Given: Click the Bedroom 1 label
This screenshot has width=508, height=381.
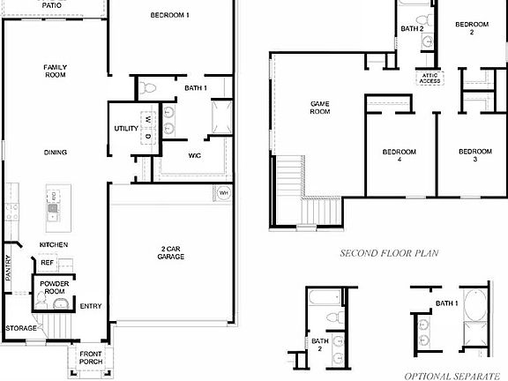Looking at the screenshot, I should [x=169, y=15].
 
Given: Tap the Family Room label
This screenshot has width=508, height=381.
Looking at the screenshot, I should [x=56, y=71].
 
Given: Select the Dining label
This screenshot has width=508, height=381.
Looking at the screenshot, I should [x=56, y=153].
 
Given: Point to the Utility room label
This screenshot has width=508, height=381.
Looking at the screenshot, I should [x=126, y=129].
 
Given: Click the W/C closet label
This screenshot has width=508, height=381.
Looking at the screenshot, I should [x=195, y=156].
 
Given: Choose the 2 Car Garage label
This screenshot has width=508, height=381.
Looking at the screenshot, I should [x=172, y=253].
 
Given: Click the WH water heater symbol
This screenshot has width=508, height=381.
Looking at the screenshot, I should [x=224, y=193].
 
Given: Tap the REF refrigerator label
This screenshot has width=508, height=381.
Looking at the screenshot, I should [x=48, y=262].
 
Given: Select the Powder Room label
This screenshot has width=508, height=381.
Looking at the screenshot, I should [x=54, y=288].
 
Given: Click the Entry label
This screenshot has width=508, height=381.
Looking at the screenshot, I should [x=91, y=307].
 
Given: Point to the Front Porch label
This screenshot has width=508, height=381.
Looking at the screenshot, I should [x=91, y=356].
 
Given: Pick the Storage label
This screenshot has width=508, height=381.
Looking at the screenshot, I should [x=20, y=328].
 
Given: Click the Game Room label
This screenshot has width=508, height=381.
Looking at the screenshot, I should [x=319, y=108].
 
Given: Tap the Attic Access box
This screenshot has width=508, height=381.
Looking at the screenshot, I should [x=429, y=77].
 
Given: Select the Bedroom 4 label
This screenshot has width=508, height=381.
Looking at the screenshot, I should [x=399, y=156].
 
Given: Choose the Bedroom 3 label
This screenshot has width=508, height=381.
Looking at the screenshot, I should [x=474, y=156].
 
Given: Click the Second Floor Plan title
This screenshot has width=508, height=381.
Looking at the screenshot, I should [x=389, y=253].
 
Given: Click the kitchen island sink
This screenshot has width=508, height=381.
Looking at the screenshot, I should [x=53, y=210].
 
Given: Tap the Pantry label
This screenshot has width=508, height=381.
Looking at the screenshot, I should [x=8, y=267].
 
